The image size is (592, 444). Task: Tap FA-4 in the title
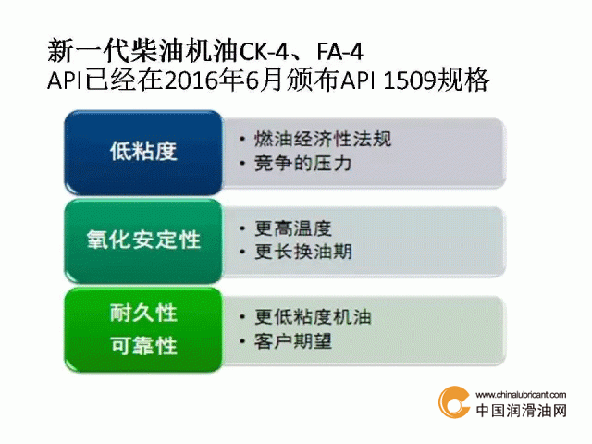tap(339, 52)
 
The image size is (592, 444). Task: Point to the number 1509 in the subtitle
tap(409, 80)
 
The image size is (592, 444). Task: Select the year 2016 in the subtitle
tap(191, 80)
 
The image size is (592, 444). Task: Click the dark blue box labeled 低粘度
tap(143, 153)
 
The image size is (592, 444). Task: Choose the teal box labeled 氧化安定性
tap(143, 241)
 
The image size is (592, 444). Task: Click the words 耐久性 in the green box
tap(143, 313)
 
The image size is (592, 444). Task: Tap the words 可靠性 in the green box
tap(143, 345)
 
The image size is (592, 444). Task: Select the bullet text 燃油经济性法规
tap(323, 139)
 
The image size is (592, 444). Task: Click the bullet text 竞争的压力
tap(302, 164)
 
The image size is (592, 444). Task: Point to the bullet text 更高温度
tap(293, 228)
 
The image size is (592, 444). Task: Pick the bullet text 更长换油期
tap(302, 252)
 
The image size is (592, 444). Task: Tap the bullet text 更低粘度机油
tap(313, 316)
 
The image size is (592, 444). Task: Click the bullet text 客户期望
tap(293, 341)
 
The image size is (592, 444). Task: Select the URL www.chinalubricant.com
tap(521, 395)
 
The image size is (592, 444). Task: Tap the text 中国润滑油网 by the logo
tap(521, 411)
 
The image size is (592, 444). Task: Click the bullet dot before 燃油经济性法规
tap(242, 140)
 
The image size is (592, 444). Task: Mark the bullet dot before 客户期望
tap(242, 341)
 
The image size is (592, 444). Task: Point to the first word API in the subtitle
tap(64, 80)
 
